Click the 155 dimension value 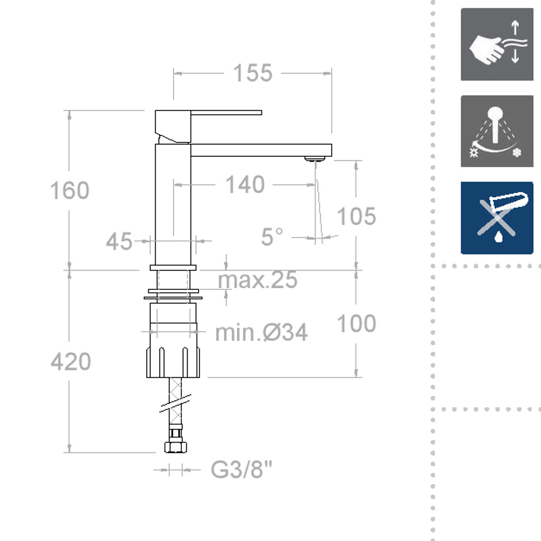tap(252, 73)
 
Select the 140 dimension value tap(245, 185)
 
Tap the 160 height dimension tap(69, 191)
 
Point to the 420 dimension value tap(71, 361)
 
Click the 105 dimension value tap(356, 216)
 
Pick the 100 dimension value tap(356, 324)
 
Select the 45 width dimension tap(119, 241)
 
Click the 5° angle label tap(272, 237)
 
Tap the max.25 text tap(258, 280)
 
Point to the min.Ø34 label tap(261, 332)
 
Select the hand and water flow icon tap(497, 44)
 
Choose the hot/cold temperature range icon tap(497, 131)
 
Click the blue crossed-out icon tap(497, 217)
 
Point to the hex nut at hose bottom tap(175, 447)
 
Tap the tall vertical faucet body tap(173, 206)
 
